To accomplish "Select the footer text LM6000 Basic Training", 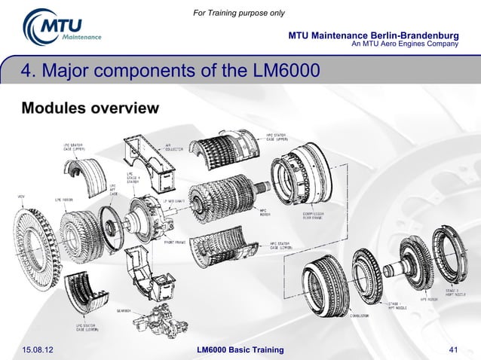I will tap(240, 350).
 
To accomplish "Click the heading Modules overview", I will tap(90, 108).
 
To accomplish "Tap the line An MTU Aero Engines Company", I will tap(405, 44).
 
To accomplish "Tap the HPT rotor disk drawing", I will tap(406, 272).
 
